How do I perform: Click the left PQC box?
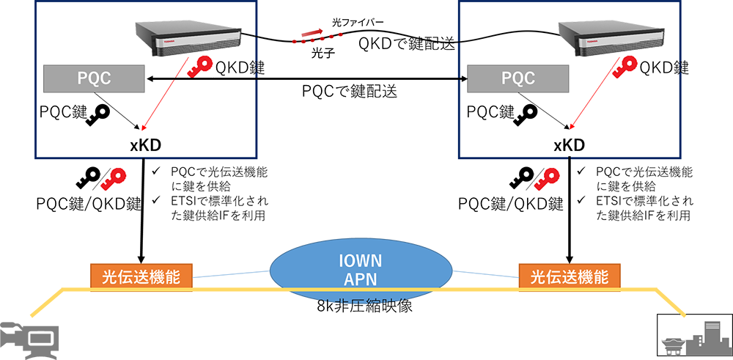(x=94, y=77)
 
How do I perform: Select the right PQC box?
(x=517, y=77)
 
